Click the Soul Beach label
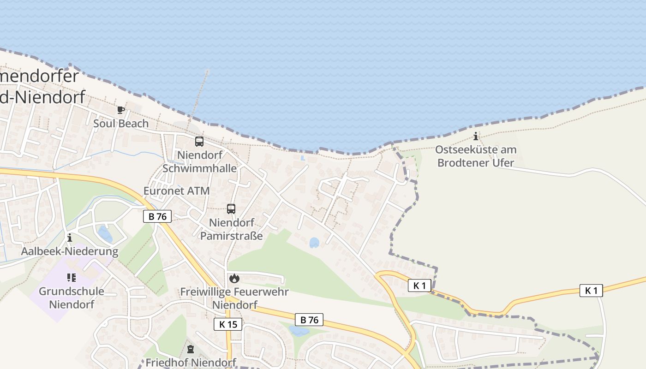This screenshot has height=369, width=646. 121,124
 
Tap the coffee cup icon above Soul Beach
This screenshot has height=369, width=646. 121,110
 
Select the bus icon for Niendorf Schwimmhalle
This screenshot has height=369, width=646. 199,142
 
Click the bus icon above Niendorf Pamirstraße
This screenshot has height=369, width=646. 231,209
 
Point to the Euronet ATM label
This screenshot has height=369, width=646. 176,190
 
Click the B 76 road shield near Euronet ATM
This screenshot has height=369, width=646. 157,216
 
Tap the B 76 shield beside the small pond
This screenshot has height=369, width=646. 309,320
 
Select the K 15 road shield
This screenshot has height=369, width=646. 228,324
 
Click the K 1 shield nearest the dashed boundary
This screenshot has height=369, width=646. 419,286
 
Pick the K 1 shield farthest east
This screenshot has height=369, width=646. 591,291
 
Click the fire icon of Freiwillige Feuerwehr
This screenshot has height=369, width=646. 234,278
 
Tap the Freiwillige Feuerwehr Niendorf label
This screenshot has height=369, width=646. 234,298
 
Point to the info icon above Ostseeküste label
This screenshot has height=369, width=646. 476,136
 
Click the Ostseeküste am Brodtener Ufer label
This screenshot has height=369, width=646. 476,156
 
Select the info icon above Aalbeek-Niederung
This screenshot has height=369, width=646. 70,238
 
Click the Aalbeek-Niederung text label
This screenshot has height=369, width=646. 70,251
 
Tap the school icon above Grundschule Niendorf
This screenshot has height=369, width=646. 72,278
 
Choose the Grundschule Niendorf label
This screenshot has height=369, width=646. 72,298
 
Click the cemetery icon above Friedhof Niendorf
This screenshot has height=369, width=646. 191,349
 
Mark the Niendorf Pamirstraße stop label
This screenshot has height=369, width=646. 231,229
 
